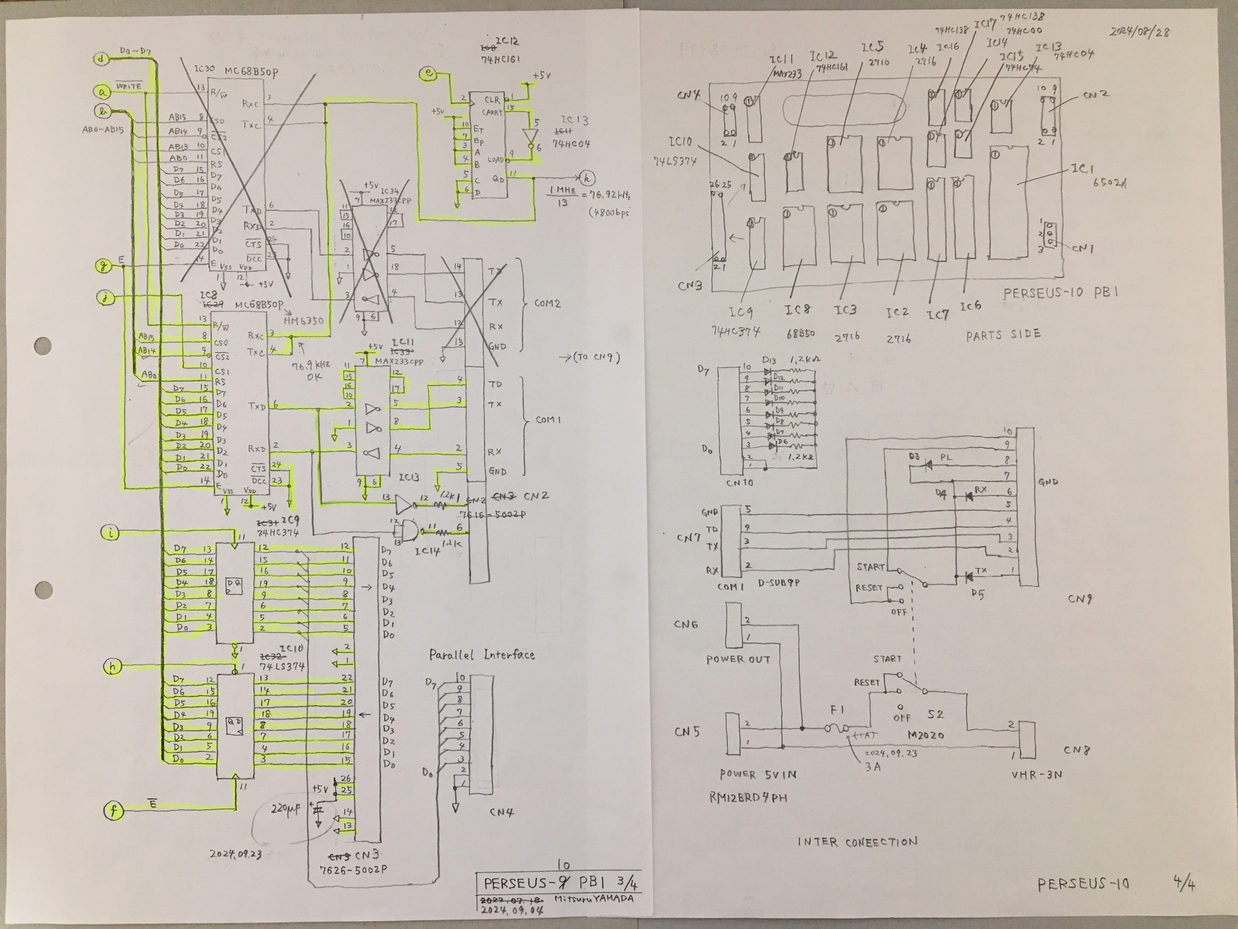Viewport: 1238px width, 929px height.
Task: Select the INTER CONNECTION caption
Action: pos(857,842)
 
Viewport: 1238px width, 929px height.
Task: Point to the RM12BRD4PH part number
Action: pos(748,797)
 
